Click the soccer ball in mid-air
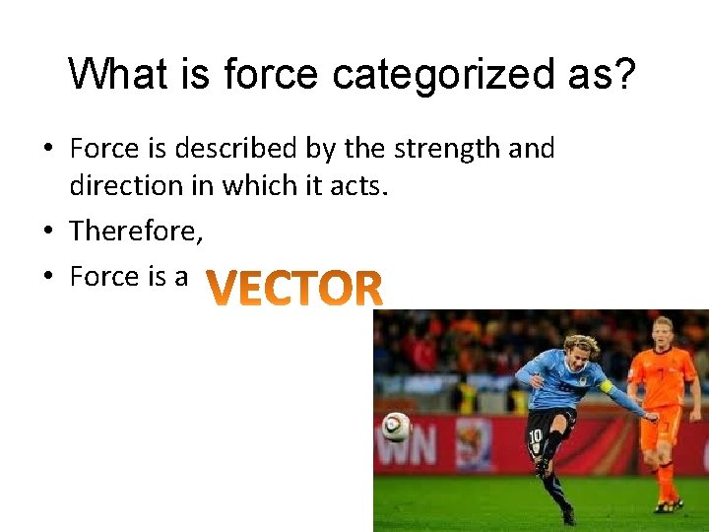(x=396, y=427)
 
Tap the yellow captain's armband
(x=606, y=386)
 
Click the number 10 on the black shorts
(x=535, y=435)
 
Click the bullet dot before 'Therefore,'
(x=48, y=232)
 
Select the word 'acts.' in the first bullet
(x=358, y=186)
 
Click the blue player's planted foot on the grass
(x=569, y=515)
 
